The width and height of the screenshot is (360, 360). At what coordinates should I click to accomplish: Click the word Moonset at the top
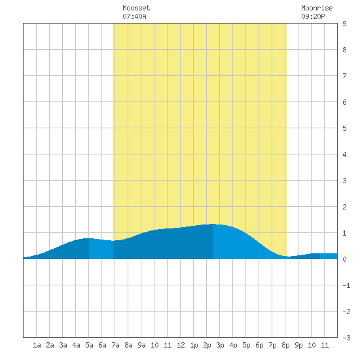coord(136,8)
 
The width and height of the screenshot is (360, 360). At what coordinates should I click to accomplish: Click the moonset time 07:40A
coord(134,16)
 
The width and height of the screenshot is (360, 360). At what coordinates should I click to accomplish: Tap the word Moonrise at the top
coord(317,8)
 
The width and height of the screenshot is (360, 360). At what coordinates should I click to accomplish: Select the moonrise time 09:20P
coord(313,16)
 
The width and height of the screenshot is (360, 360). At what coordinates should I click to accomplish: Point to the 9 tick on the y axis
coord(344,24)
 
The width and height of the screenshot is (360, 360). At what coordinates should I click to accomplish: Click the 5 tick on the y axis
coord(344,128)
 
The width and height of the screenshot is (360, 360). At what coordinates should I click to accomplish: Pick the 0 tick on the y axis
coord(344,259)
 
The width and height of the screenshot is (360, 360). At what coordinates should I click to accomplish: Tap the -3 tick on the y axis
coord(346,338)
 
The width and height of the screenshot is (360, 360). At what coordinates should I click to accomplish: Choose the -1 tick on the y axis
coord(346,285)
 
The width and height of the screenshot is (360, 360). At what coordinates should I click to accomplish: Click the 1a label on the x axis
coord(37,345)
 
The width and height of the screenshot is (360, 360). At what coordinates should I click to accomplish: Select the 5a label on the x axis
coord(89,345)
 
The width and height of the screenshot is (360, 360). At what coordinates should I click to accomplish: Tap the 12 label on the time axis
coord(181,345)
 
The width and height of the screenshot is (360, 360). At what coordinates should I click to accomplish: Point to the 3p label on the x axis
coord(220,345)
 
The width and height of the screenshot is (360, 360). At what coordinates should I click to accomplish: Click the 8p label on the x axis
coord(285,345)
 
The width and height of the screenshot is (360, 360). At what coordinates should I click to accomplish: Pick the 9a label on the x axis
coord(141,345)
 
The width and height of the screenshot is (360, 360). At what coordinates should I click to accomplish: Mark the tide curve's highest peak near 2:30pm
coord(213,224)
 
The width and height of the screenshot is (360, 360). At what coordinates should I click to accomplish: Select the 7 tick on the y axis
coord(344,76)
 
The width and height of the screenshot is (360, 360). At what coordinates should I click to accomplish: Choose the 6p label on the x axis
coord(259,345)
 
